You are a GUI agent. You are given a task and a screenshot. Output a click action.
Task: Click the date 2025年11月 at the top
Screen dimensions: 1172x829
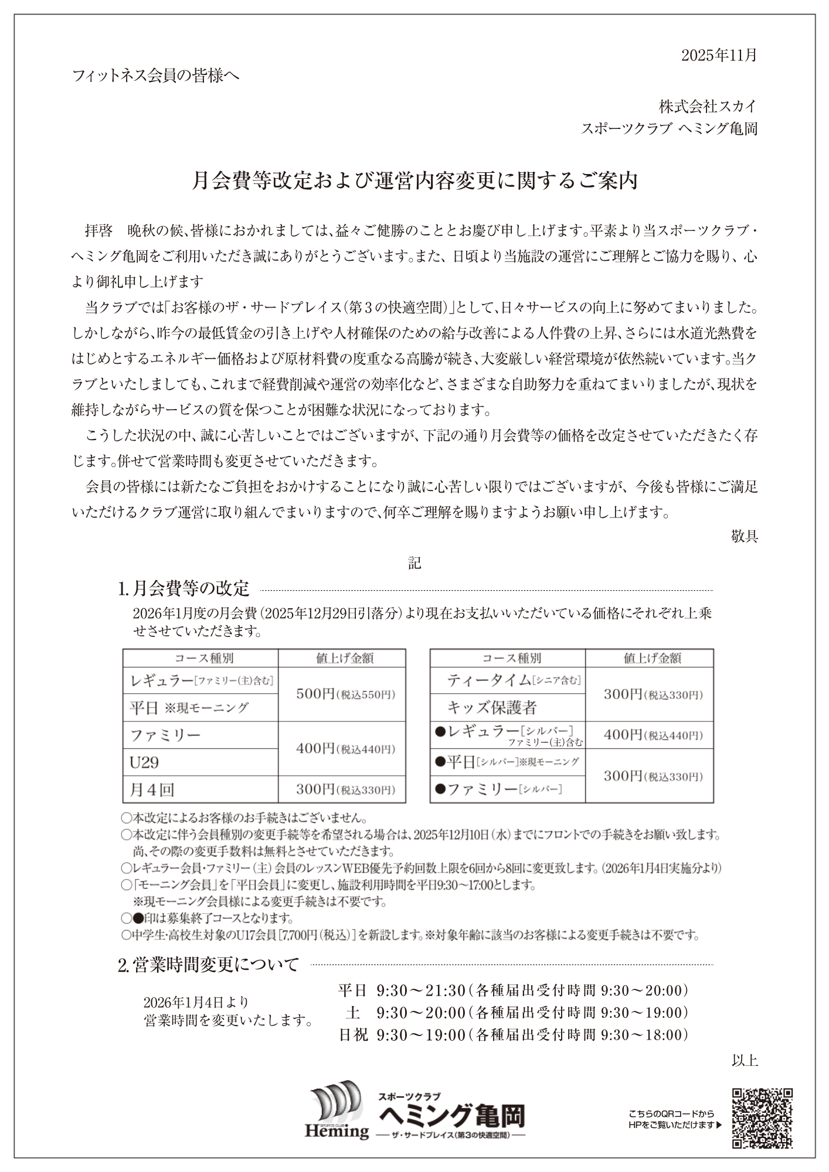pos(719,55)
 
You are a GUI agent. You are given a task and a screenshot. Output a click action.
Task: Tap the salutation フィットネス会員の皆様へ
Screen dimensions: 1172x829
pos(156,76)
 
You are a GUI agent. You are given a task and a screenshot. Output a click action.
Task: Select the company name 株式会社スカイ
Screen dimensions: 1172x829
pos(708,106)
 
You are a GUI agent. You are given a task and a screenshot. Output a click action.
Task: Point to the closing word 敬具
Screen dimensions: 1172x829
pos(745,536)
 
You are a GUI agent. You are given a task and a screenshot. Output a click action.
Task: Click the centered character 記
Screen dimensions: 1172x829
pos(414,563)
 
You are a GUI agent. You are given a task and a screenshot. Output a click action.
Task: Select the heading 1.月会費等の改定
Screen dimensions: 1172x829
pos(184,588)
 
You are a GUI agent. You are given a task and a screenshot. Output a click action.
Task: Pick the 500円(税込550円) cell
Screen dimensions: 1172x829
pos(342,694)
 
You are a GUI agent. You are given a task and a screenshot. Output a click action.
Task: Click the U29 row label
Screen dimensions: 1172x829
pos(144,762)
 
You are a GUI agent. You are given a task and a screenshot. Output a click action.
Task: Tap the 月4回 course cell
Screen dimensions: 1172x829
pos(152,789)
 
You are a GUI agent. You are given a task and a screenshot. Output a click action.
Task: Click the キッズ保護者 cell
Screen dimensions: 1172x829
pos(492,707)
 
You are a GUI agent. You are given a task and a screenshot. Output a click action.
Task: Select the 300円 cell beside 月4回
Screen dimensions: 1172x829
pos(342,789)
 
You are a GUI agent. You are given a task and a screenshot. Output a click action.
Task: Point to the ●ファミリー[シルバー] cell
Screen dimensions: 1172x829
pos(498,789)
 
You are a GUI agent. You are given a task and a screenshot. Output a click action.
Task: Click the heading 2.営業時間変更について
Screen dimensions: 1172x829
pos(209,965)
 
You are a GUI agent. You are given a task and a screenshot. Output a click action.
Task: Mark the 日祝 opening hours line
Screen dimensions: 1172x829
pos(514,1035)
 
